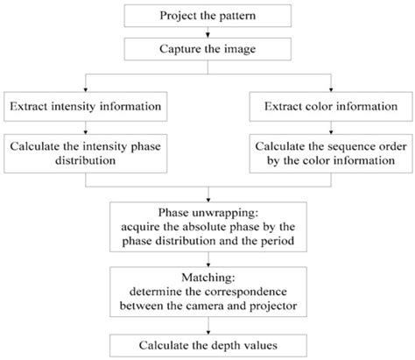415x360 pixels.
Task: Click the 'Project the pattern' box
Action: coord(207,17)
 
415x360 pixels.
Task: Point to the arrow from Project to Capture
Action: coord(207,33)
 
